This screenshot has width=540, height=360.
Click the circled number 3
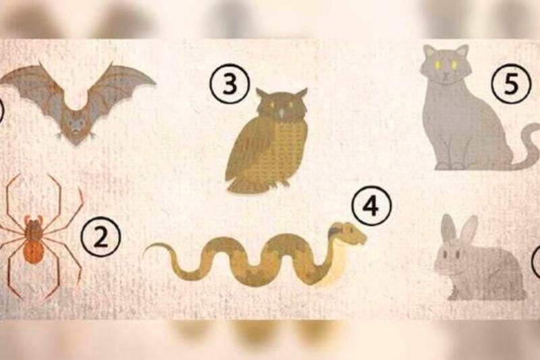230,84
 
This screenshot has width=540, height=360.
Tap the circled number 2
101,237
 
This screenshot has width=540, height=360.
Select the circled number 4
371,205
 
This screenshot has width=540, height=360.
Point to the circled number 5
511,84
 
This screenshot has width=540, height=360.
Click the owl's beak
282,112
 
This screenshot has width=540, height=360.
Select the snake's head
347,233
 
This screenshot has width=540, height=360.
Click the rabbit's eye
446,254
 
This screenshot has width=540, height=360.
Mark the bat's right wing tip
153,82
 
